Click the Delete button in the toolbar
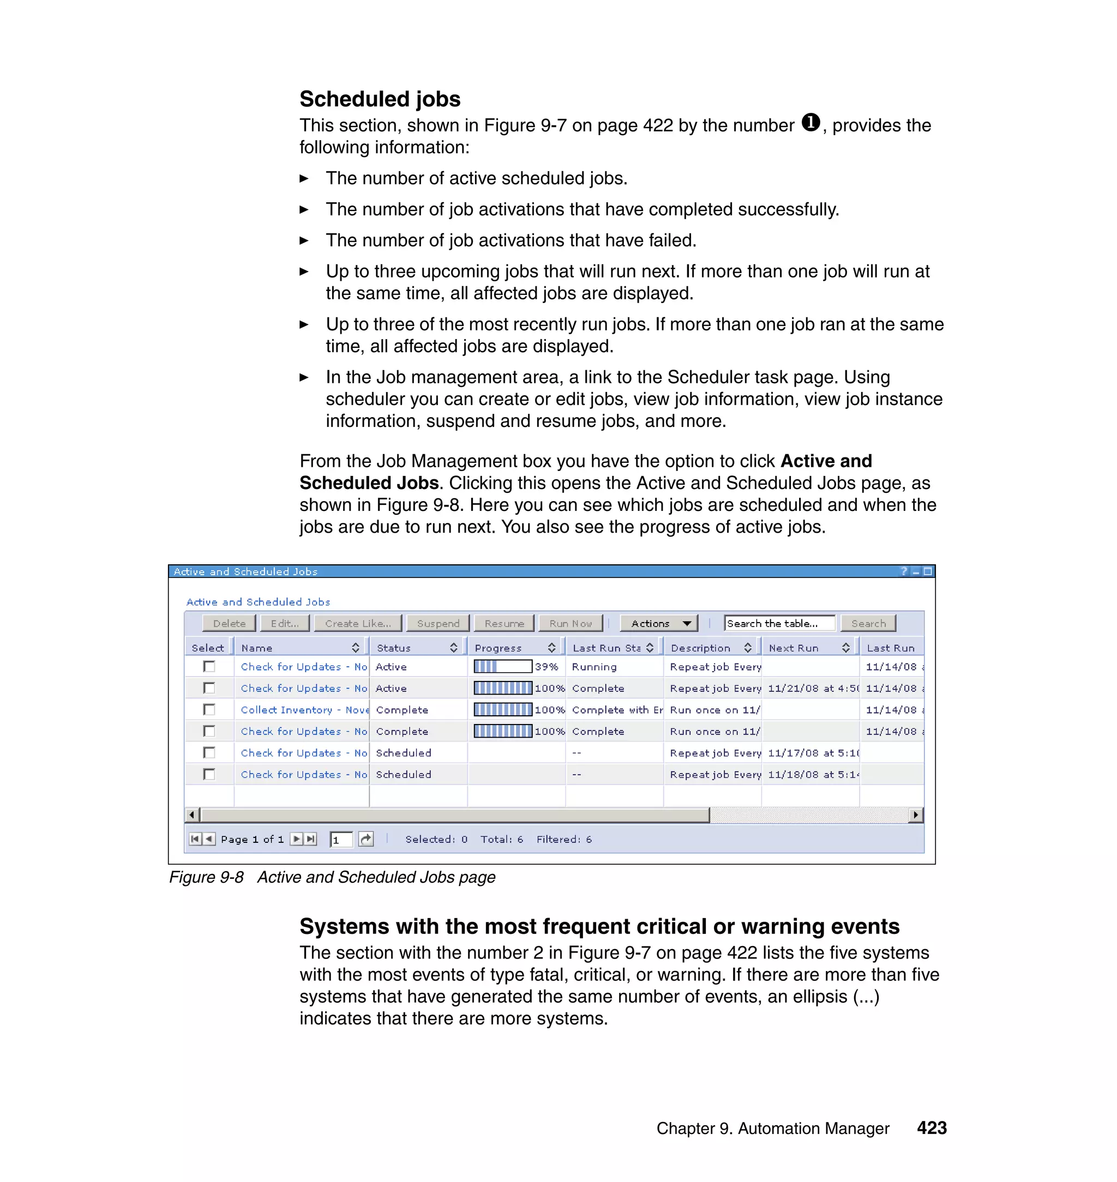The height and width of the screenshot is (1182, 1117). click(x=229, y=623)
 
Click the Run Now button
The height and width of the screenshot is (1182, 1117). click(x=570, y=623)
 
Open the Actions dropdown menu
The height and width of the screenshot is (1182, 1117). click(x=658, y=623)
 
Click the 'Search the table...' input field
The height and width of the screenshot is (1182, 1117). click(x=779, y=623)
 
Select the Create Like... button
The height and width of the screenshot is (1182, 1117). click(x=358, y=623)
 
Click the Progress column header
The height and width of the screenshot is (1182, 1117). click(x=499, y=648)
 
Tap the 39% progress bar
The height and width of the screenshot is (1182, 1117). click(x=502, y=667)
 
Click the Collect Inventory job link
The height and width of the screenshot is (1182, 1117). click(x=304, y=710)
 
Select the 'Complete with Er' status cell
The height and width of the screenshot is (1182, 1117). click(x=616, y=710)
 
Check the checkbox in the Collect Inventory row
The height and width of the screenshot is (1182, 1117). click(x=209, y=709)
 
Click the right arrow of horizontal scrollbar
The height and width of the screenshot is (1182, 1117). click(x=916, y=814)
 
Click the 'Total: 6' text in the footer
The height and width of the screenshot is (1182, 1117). click(x=501, y=839)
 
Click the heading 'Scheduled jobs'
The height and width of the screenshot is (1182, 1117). click(x=380, y=99)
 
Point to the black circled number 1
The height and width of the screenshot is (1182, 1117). click(x=810, y=123)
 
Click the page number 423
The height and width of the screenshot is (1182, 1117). click(x=931, y=1128)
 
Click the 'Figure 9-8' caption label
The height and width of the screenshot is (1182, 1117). click(x=206, y=877)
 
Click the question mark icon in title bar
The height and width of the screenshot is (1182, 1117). click(x=904, y=571)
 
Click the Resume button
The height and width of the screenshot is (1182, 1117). click(x=505, y=623)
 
